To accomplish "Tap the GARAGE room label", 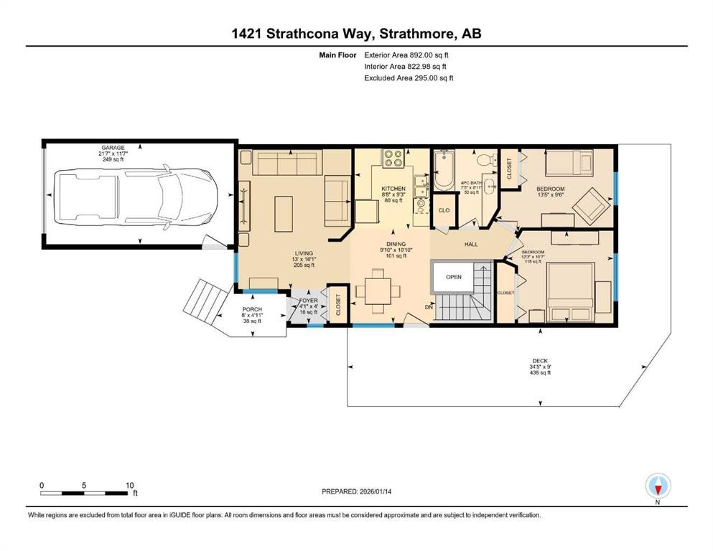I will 113,148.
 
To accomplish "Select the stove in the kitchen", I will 392,158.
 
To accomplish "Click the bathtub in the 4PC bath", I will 443,171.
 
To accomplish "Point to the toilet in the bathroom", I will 484,159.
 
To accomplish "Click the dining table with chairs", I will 378,291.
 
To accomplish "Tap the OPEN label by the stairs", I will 453,276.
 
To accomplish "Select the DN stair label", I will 429,307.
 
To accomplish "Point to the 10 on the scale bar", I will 129,485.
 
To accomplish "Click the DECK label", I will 540,361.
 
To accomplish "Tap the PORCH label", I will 251,309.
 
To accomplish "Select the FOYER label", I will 308,301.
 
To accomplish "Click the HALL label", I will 471,244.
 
